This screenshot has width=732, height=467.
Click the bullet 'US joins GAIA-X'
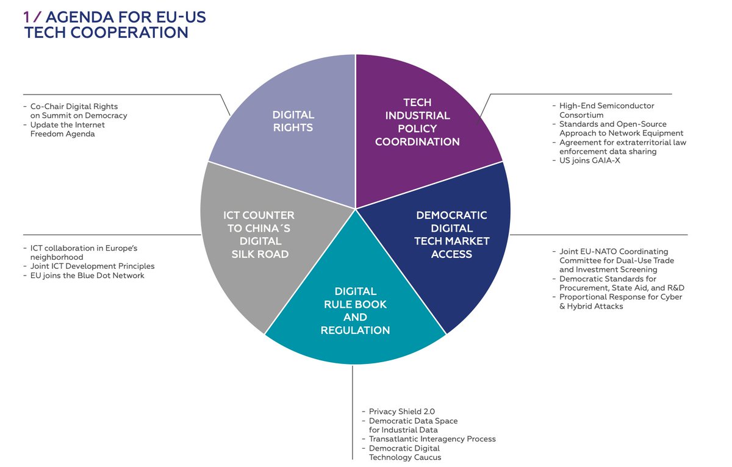pos(586,160)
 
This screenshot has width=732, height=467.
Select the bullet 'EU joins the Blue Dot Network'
pos(87,276)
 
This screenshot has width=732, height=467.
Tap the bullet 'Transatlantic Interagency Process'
pos(432,439)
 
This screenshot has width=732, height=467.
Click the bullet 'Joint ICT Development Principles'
pos(92,266)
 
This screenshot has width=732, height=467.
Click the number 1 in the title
pos(27,18)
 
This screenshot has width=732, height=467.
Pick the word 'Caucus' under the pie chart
pos(429,457)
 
